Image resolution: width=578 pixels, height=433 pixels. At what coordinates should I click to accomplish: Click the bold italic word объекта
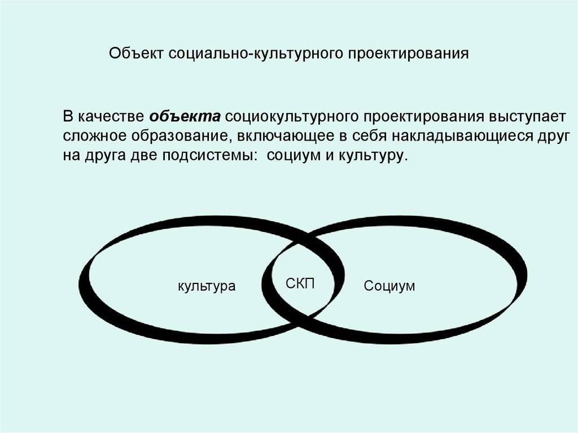(x=185, y=117)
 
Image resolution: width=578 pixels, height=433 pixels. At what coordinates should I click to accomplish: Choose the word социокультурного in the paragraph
(x=292, y=117)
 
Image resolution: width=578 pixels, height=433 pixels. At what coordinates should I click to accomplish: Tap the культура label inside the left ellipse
(x=207, y=286)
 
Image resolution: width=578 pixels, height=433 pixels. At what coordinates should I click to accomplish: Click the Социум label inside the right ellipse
(x=389, y=286)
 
